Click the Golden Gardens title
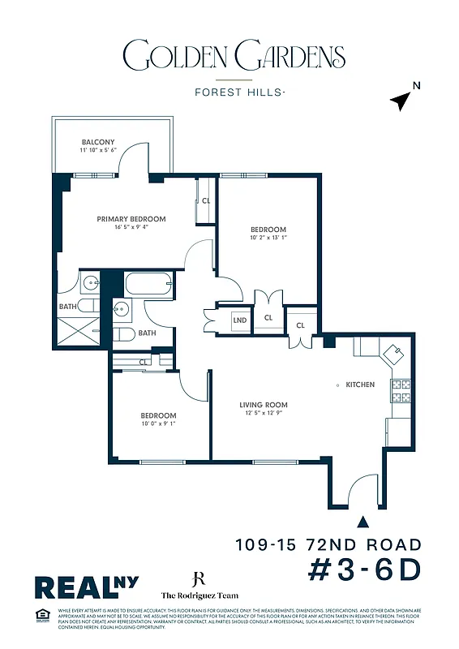pos(234,58)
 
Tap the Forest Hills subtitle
pos(239,92)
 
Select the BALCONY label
pos(97,142)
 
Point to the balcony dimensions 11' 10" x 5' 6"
pos(98,151)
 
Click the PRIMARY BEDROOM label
pos(131,219)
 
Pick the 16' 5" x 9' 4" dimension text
pos(131,228)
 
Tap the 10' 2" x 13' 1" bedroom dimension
pos(268,239)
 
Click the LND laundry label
pos(240,320)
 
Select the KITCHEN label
pos(360,385)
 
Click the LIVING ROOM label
pos(264,405)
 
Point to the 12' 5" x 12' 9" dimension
pos(264,414)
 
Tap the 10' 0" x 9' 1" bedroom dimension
pos(159,423)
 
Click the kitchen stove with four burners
pos(400,391)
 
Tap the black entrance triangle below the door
pos(362,522)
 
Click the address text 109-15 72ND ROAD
pos(328,545)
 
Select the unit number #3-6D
pos(366,570)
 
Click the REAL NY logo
pos(85,587)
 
